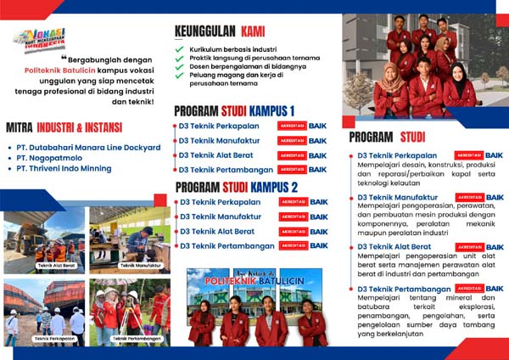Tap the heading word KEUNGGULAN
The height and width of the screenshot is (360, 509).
[x=204, y=31]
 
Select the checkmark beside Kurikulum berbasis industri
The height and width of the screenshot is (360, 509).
[x=179, y=49]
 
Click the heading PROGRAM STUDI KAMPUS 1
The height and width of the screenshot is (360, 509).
[x=234, y=111]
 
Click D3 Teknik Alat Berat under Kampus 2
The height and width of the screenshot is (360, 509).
[x=216, y=231]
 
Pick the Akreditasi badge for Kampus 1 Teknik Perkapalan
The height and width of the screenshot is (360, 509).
[x=292, y=126]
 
